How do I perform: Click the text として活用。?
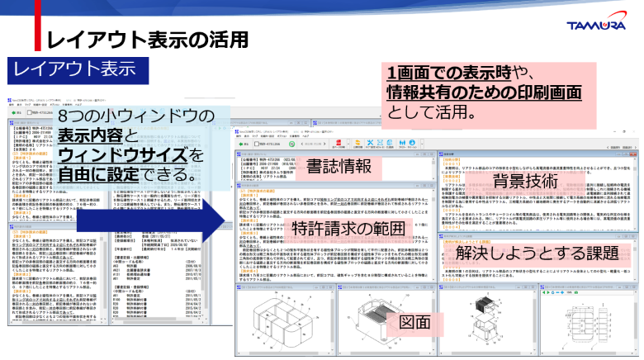coord(429,111)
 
